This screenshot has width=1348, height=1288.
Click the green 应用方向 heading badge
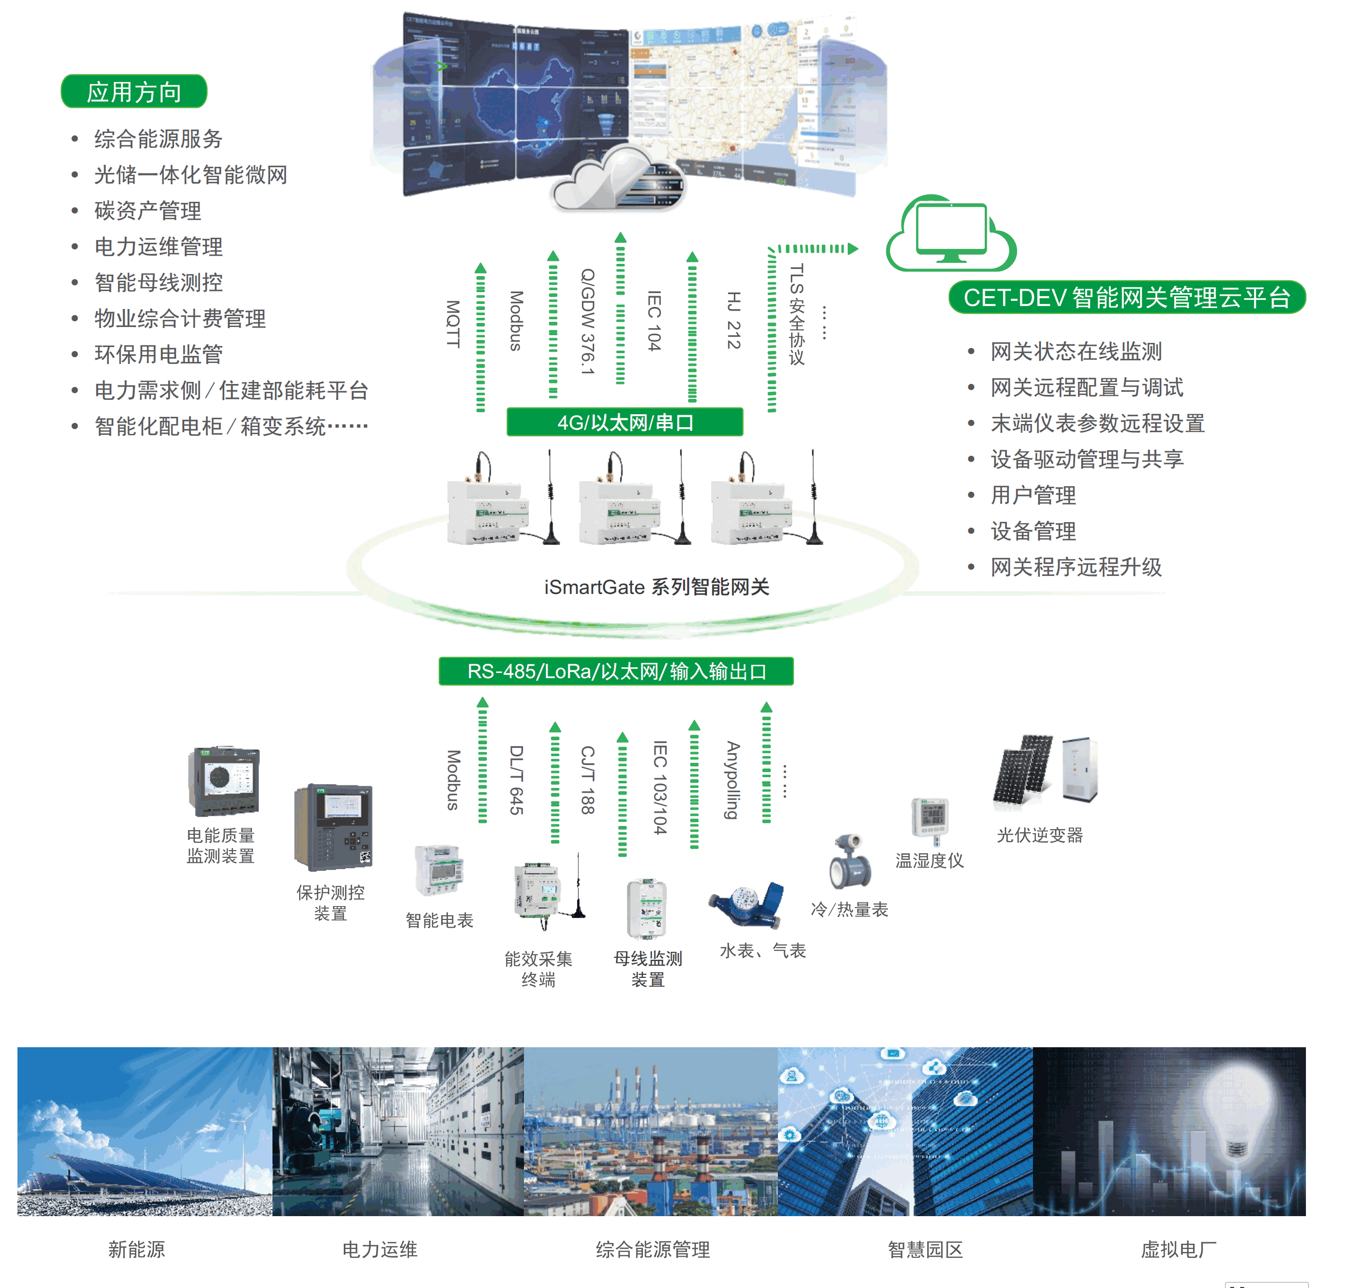(134, 91)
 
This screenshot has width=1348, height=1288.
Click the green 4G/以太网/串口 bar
(624, 422)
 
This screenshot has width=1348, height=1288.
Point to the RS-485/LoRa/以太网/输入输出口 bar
(616, 671)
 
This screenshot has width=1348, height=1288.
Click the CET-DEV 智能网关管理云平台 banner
(1126, 297)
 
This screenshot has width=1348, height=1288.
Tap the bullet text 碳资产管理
(148, 211)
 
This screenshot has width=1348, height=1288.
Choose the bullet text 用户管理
(1032, 495)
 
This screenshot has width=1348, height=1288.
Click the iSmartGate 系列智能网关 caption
(656, 587)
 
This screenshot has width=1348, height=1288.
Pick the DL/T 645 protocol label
(516, 780)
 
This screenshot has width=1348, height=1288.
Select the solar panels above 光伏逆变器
(1022, 768)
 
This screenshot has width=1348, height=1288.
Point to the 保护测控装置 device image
(333, 828)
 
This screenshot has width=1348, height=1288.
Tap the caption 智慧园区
(925, 1249)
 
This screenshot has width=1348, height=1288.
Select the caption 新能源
(136, 1249)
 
